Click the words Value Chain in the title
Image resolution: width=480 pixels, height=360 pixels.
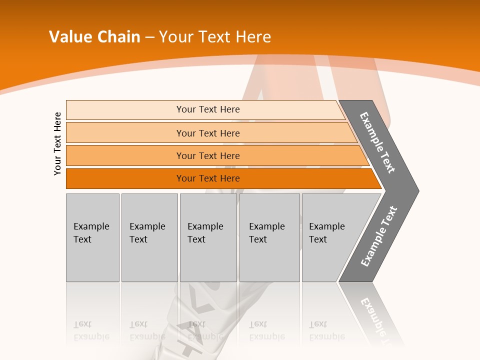coord(94,37)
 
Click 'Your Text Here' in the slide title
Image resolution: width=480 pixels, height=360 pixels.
coord(215,37)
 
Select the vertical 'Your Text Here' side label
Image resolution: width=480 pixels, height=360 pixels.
coord(58,143)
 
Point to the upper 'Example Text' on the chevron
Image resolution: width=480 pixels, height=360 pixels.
coord(377,142)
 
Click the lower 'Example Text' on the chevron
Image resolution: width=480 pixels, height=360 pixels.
coord(379,236)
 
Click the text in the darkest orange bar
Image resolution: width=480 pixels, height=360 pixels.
coord(208,178)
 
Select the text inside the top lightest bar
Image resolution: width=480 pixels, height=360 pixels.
coord(208,109)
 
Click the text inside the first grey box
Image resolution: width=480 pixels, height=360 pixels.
coord(91,233)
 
